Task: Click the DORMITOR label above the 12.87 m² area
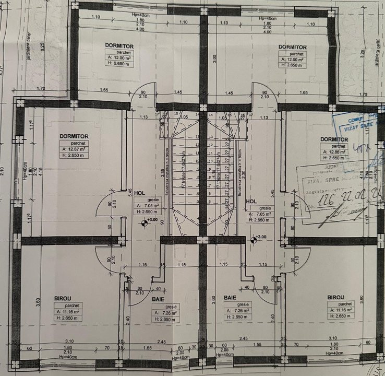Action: point(74,136)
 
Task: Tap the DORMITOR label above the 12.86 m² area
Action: point(334,140)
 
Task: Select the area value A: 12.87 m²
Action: point(74,149)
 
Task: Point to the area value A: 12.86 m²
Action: point(334,152)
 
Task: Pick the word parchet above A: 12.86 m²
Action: point(334,146)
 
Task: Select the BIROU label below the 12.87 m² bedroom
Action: point(63,298)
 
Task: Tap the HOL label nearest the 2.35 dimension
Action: point(139,193)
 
